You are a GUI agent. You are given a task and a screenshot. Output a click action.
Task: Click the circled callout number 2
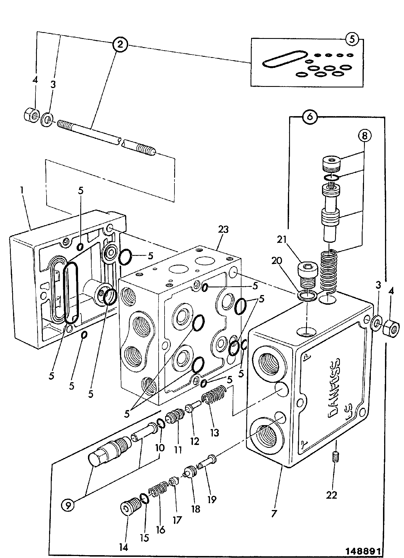coord(120,44)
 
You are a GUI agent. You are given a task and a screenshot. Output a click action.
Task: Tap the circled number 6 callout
coord(310,117)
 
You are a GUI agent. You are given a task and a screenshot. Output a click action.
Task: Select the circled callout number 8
coord(365,136)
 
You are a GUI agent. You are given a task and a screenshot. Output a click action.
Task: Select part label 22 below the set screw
coord(331,495)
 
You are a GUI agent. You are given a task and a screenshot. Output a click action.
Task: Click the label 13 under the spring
coord(214,433)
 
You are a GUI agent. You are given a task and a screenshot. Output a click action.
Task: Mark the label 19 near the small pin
coord(212,499)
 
